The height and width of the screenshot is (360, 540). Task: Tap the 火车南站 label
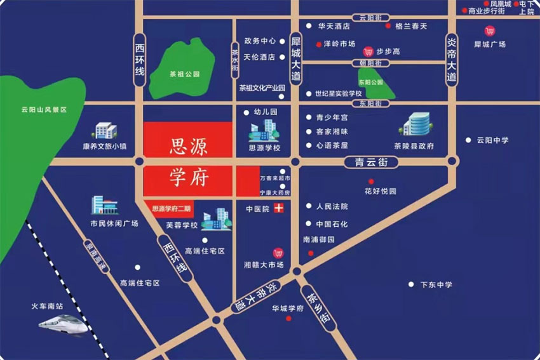pyautogui.click(x=48, y=306)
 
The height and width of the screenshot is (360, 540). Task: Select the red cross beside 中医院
pyautogui.click(x=278, y=208)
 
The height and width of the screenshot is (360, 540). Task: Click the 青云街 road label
pyautogui.click(x=370, y=163)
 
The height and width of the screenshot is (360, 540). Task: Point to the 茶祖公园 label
pyautogui.click(x=184, y=74)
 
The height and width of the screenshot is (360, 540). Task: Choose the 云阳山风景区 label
pyautogui.click(x=44, y=110)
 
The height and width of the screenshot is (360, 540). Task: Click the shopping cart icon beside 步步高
pyautogui.click(x=368, y=51)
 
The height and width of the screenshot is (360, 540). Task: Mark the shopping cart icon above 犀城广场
pyautogui.click(x=489, y=30)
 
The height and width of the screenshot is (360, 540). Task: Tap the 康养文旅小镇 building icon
pyautogui.click(x=105, y=130)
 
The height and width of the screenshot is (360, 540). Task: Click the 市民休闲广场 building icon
pyautogui.click(x=104, y=205)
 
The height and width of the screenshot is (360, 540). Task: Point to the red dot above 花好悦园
pyautogui.click(x=371, y=182)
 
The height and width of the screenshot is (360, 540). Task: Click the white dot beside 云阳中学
pyautogui.click(x=468, y=140)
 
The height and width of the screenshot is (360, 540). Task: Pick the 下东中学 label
pyautogui.click(x=436, y=284)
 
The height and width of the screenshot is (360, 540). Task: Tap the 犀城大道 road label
pyautogui.click(x=295, y=57)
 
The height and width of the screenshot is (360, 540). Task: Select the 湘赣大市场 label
pyautogui.click(x=263, y=265)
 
